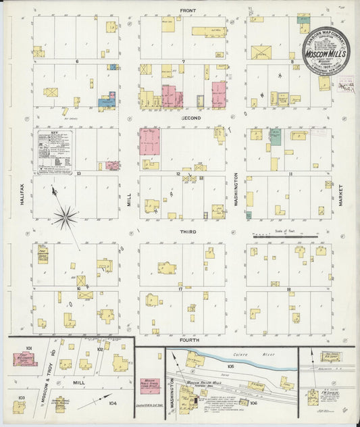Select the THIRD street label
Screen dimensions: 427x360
coord(187,231)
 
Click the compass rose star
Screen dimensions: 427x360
coord(66,217)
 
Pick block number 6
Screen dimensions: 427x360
coord(78,61)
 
